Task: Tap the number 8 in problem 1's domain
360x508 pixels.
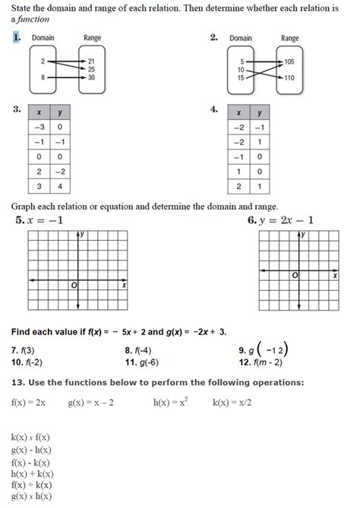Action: [43, 77]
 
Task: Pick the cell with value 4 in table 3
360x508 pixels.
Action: [59, 185]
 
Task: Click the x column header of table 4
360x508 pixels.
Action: [239, 112]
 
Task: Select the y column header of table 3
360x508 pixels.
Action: [59, 112]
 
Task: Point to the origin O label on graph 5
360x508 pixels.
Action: [74, 286]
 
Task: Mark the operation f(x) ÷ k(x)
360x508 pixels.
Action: [33, 484]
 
